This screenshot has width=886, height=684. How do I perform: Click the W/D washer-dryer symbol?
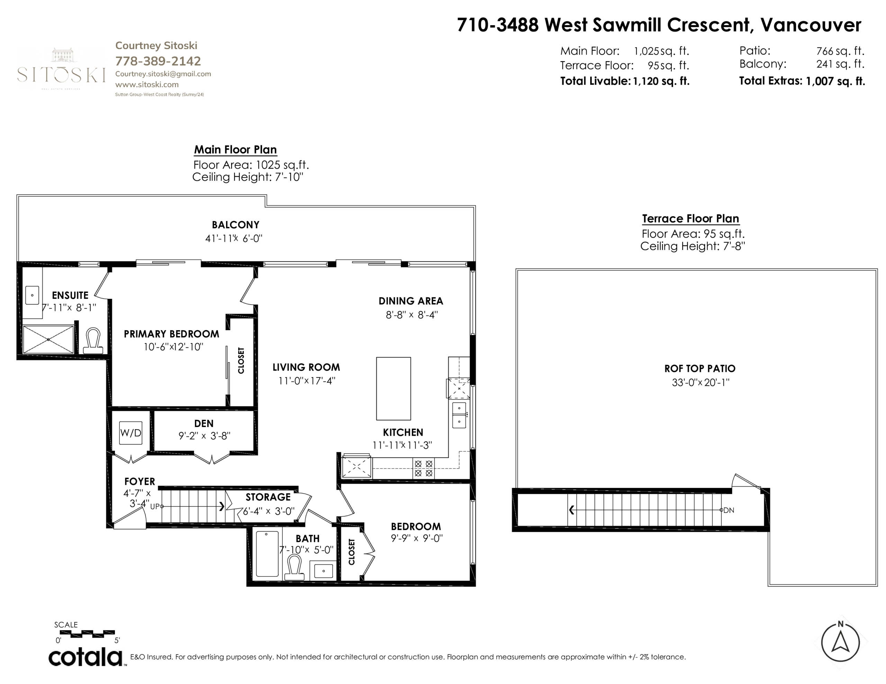[130, 433]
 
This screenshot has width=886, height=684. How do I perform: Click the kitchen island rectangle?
[394, 388]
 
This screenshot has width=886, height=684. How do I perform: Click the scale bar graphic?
[85, 634]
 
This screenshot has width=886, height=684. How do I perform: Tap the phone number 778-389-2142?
[158, 61]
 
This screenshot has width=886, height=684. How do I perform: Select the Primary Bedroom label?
[171, 334]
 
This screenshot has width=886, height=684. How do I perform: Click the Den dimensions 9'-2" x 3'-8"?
[205, 436]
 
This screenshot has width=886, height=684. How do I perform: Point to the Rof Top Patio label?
[700, 369]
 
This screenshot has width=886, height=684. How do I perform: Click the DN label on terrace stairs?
[729, 510]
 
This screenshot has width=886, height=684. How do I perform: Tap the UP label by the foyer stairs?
[155, 506]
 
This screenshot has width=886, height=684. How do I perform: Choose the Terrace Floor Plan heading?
[690, 219]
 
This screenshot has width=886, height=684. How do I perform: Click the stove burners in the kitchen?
[424, 468]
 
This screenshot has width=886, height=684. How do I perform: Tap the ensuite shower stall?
[48, 339]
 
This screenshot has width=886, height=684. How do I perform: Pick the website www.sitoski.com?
[147, 84]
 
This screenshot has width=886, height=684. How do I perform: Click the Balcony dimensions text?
[234, 238]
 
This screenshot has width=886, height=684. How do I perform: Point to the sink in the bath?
[323, 571]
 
